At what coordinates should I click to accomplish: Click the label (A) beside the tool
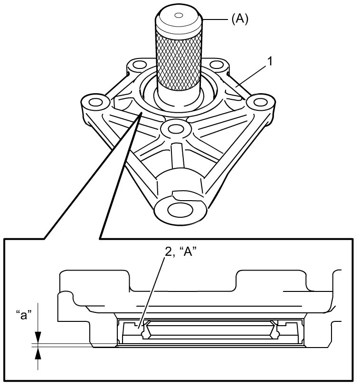pyautogui.click(x=240, y=19)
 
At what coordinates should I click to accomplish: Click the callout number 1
pyautogui.click(x=271, y=61)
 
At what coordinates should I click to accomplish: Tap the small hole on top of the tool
pyautogui.click(x=178, y=15)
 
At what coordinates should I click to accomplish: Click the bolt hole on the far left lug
pyautogui.click(x=95, y=102)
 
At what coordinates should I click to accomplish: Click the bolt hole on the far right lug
pyautogui.click(x=261, y=102)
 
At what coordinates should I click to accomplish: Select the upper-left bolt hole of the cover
pyautogui.click(x=138, y=65)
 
